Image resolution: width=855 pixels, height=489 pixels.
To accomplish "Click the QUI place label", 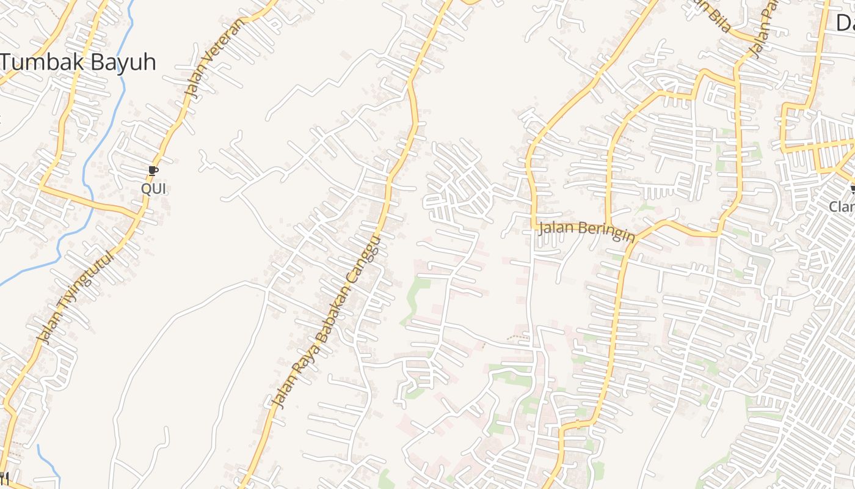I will [153, 189].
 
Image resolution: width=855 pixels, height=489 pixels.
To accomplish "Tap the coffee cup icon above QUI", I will [153, 171].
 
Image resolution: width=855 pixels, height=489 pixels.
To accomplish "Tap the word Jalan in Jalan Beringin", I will [555, 227].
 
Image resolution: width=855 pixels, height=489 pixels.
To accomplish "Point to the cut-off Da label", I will [845, 23].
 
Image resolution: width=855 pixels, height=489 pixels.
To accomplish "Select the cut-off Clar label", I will [843, 207].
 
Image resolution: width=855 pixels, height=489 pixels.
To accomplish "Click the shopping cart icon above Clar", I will [852, 189].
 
